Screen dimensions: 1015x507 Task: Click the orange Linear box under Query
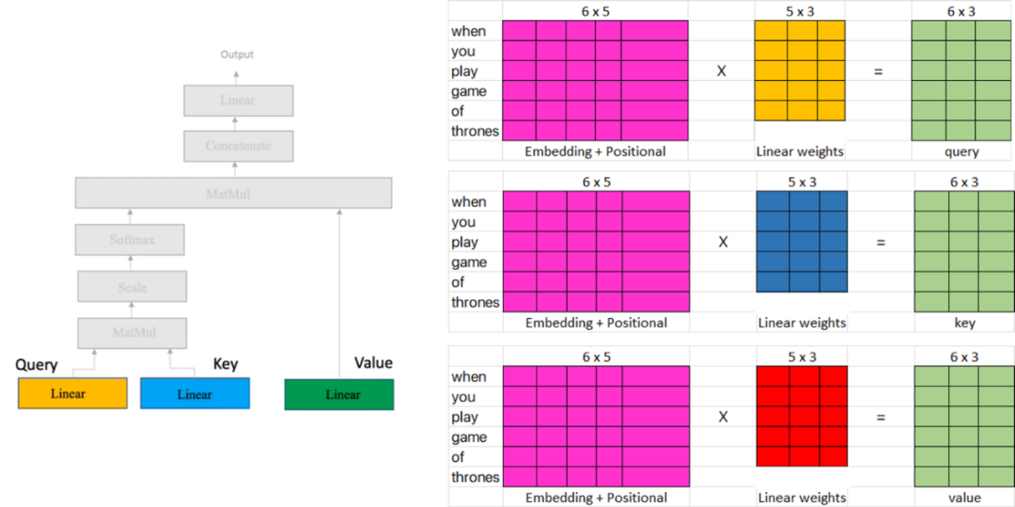coord(72,393)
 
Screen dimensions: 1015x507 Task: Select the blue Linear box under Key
coord(195,393)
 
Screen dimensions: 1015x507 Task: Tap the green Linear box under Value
coord(339,394)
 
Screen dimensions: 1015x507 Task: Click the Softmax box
coord(132,240)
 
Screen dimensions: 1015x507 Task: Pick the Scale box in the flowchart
coord(132,287)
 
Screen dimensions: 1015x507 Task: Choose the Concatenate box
coord(239,146)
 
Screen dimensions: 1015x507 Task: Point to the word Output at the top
coord(237,55)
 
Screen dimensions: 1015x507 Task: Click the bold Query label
coord(37,365)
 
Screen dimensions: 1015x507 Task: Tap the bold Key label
coord(226,364)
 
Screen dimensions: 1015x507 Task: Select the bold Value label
coord(373,363)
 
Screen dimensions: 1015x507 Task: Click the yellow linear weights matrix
coord(801,71)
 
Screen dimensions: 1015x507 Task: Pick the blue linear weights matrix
coord(802,242)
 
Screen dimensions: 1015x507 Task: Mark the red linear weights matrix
coord(802,416)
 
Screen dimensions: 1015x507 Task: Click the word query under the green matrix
coord(960,151)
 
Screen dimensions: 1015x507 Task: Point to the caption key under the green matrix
coord(964,323)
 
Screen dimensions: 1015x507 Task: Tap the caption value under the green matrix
coord(963,498)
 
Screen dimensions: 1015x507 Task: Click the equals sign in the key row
coord(881,243)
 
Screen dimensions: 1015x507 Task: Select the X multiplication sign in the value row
coord(723,416)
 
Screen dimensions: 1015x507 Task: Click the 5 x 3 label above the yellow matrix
coord(800,10)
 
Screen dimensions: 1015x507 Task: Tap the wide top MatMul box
coord(233,194)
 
